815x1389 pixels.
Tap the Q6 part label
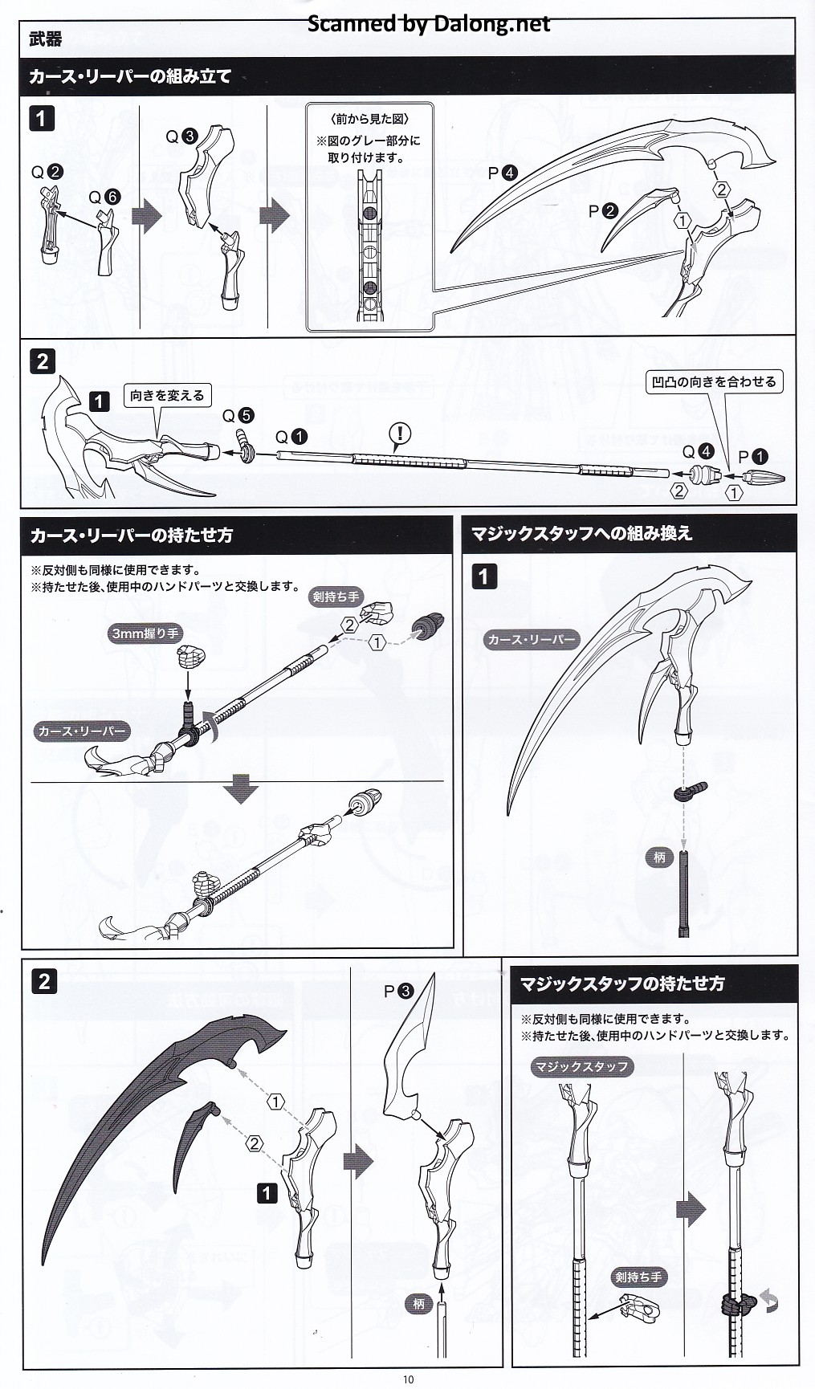[104, 197]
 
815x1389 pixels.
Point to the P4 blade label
[503, 173]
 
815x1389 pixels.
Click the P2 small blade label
[603, 211]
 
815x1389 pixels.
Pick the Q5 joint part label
[238, 415]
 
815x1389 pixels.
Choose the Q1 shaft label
[291, 437]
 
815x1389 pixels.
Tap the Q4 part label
[698, 452]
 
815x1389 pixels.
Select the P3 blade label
[398, 991]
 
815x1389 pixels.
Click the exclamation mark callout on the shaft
[399, 434]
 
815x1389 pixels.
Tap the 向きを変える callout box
[167, 395]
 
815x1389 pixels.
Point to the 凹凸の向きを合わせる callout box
[714, 381]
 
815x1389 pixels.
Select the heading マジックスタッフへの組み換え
[581, 533]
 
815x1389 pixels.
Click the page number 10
[409, 1379]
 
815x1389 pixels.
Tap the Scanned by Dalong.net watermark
[430, 24]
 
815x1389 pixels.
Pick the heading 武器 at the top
[45, 39]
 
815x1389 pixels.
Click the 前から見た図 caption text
[369, 119]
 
